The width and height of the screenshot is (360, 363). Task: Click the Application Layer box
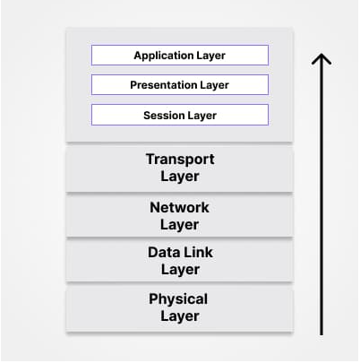(180, 55)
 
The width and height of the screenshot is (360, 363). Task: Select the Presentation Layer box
(180, 85)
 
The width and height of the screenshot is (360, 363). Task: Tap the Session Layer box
(180, 115)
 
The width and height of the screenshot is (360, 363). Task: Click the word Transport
(180, 159)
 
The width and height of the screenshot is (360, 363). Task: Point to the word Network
(179, 207)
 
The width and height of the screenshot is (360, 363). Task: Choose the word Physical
(178, 299)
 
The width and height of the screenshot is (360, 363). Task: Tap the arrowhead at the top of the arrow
(321, 55)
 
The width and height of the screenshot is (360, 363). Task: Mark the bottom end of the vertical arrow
(321, 334)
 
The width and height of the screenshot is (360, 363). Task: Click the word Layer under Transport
(180, 177)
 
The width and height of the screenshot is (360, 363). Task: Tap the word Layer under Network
(179, 225)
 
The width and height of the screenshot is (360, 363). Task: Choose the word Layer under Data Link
(180, 270)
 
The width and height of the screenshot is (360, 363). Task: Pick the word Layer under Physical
(180, 316)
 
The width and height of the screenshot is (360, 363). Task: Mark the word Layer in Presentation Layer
(214, 85)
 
